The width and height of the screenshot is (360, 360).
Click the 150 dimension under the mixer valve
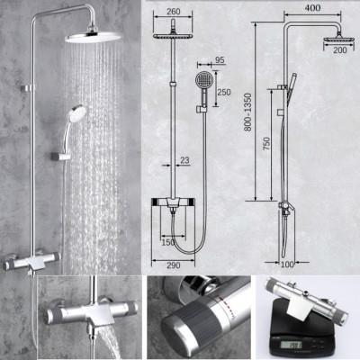click(167, 242)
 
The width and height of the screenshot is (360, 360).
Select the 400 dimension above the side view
click(312, 7)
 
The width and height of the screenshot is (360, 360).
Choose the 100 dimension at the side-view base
click(285, 265)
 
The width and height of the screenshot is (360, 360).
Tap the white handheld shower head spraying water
click(78, 114)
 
